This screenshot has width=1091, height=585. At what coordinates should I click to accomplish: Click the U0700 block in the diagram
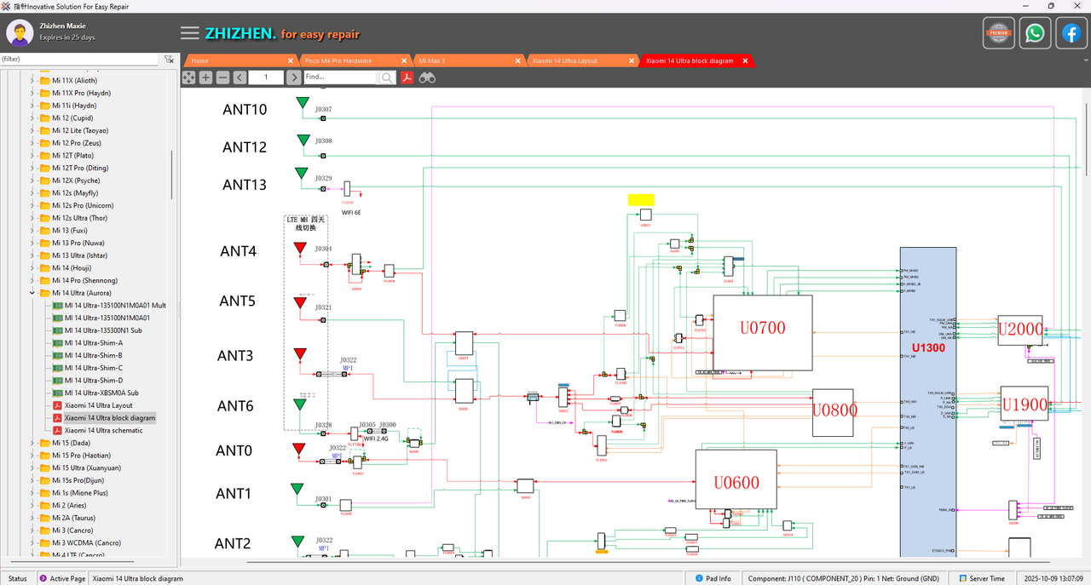click(762, 332)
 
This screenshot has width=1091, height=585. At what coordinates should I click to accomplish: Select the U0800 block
click(833, 412)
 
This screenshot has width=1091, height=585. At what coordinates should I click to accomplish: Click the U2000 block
click(1020, 330)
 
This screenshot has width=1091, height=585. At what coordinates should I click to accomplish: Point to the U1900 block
click(1024, 404)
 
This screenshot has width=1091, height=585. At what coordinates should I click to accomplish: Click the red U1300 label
click(927, 348)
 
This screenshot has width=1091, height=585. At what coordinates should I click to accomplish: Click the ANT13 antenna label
click(245, 185)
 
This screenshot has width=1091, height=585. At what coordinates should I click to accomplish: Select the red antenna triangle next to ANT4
click(300, 249)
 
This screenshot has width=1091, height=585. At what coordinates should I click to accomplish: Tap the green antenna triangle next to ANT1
click(297, 489)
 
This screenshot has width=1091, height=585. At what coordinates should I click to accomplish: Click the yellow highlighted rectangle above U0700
click(641, 199)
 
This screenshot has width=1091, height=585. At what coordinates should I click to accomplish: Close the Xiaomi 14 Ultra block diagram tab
click(745, 61)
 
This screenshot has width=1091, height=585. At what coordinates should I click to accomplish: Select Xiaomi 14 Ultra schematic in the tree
click(103, 431)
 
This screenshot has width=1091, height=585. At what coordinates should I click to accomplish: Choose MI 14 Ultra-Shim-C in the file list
click(93, 368)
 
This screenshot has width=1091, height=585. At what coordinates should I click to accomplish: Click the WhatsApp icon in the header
click(1035, 33)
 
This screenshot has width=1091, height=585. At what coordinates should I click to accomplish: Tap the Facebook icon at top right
click(1071, 33)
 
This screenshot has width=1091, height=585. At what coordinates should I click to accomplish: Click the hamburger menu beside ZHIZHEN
click(189, 33)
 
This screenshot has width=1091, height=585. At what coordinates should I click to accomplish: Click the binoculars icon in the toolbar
click(427, 77)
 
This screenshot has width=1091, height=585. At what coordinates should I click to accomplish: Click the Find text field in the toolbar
click(339, 77)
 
